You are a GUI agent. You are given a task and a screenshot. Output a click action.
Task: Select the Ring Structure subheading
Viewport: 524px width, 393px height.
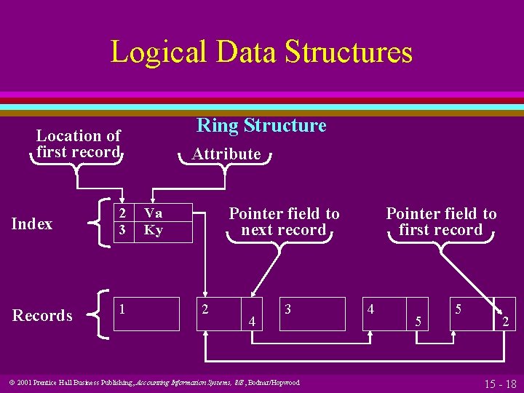(x=261, y=125)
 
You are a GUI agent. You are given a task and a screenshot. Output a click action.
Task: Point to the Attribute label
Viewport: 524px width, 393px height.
(x=226, y=154)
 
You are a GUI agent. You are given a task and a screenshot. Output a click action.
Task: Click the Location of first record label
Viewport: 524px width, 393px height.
(x=78, y=143)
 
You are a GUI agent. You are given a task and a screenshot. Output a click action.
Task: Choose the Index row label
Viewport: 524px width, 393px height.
(x=32, y=224)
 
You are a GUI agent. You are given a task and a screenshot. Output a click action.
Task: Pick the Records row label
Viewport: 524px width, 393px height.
(x=42, y=315)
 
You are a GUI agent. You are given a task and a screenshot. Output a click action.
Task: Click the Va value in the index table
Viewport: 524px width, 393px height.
(x=153, y=213)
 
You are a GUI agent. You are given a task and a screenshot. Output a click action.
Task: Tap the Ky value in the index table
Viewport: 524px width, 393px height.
(x=153, y=231)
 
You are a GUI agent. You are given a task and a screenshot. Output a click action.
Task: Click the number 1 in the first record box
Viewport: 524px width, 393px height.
(x=122, y=309)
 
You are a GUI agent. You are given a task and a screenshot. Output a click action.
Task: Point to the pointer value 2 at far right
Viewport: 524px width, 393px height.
(x=505, y=320)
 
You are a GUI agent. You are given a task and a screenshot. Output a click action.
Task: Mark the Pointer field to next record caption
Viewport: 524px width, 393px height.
(x=284, y=222)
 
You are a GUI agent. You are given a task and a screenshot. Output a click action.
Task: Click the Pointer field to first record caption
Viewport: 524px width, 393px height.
(x=441, y=222)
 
